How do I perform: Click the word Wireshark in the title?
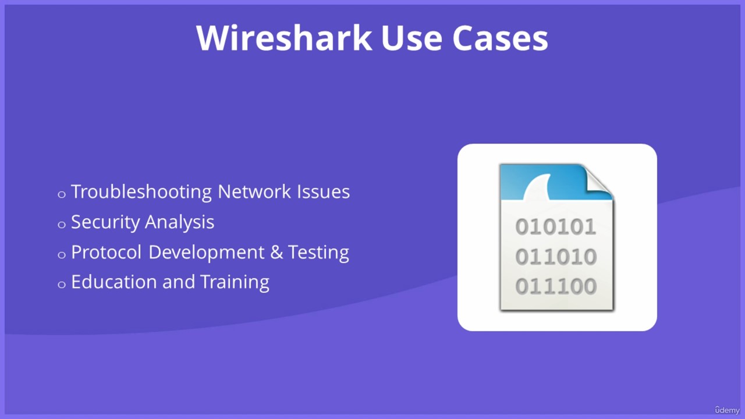[283, 38]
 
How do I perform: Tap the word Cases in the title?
[500, 38]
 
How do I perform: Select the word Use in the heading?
[411, 38]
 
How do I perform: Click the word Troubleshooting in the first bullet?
[141, 192]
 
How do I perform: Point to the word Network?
[254, 191]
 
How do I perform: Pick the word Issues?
[323, 191]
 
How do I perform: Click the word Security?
[105, 222]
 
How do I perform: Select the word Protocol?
[106, 252]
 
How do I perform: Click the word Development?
[206, 253]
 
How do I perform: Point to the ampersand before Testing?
[276, 253]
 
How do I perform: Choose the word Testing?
[318, 253]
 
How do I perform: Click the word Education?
[113, 282]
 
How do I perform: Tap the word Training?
[235, 283]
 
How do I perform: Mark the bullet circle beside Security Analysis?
[62, 225]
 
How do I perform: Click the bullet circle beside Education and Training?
[62, 285]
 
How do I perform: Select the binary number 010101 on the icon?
[556, 227]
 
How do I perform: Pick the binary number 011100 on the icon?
[556, 286]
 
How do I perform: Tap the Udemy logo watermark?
[727, 410]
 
